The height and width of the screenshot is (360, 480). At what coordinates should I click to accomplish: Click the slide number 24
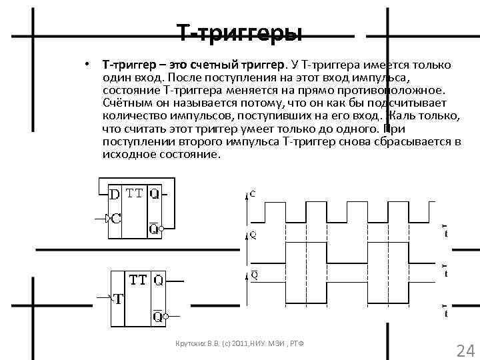coord(463,349)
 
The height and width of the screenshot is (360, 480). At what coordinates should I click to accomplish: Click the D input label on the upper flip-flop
coord(115,195)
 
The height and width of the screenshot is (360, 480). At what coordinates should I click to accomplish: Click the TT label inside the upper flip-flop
coord(135,194)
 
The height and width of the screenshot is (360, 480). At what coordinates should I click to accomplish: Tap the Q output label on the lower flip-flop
coord(159,281)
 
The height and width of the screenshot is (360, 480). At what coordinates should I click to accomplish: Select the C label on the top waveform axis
coord(252,194)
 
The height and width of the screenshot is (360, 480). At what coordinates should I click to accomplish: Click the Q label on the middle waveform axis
coord(253,235)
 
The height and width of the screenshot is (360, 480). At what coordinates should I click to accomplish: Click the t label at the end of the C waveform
coord(446,232)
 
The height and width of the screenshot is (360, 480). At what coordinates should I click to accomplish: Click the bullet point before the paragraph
coord(87,65)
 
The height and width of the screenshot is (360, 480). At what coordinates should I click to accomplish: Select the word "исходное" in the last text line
coord(127,155)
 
